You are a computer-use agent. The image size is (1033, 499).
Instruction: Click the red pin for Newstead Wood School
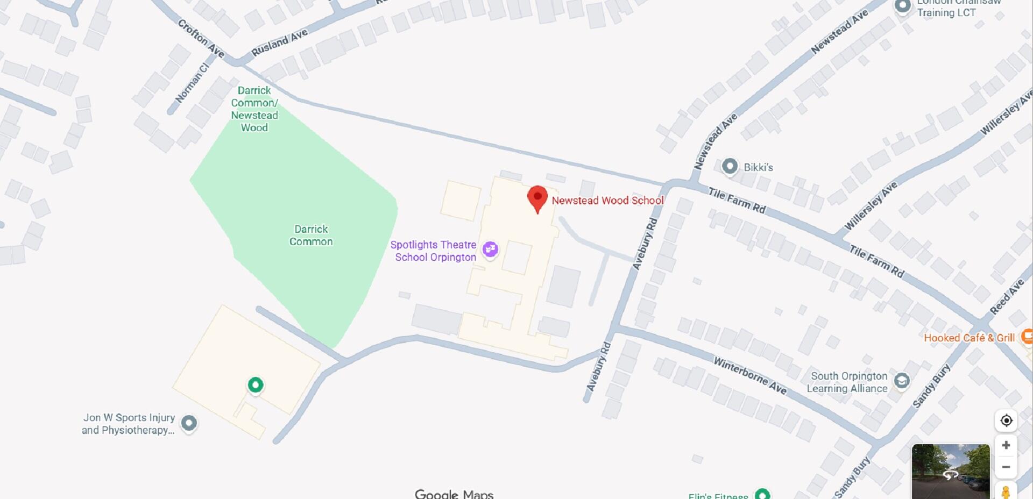[x=537, y=198]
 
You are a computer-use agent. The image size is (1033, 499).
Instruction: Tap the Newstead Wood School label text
[x=607, y=201]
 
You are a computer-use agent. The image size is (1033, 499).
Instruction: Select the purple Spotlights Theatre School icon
[x=490, y=249]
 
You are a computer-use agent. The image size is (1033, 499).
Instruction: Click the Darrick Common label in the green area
[x=311, y=236]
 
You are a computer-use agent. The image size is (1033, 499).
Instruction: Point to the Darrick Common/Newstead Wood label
[x=254, y=109]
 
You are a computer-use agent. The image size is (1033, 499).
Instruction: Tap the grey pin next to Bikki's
[x=730, y=166]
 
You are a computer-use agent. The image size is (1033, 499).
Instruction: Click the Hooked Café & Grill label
[x=969, y=338]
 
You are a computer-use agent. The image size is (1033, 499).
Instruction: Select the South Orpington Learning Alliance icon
[x=902, y=381]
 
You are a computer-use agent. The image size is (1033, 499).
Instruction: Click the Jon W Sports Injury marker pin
[x=188, y=423]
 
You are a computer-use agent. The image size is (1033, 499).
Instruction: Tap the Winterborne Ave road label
[x=749, y=375]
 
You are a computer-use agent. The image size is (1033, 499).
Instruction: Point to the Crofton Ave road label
[x=201, y=38]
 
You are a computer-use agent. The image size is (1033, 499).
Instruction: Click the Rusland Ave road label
[x=280, y=42]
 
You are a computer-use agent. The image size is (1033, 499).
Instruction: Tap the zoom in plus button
[x=1006, y=445]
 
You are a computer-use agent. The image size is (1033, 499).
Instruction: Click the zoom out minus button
[x=1006, y=467]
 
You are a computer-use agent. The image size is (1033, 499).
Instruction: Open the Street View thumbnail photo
[x=950, y=471]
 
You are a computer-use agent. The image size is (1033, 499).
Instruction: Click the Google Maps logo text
[x=454, y=494]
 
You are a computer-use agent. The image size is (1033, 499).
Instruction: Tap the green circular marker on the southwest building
[x=256, y=384]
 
